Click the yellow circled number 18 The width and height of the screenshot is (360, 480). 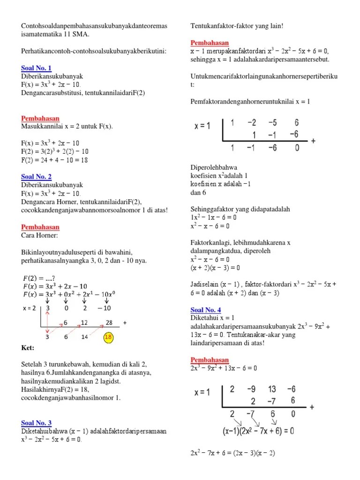click(108, 337)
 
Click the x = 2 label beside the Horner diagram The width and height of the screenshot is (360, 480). click(30, 308)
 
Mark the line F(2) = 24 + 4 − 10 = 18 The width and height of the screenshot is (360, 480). click(55, 160)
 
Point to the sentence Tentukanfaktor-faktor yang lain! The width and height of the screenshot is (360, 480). click(237, 26)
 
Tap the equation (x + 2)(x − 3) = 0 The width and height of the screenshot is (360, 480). click(215, 268)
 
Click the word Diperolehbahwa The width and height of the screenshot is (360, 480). click(214, 167)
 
